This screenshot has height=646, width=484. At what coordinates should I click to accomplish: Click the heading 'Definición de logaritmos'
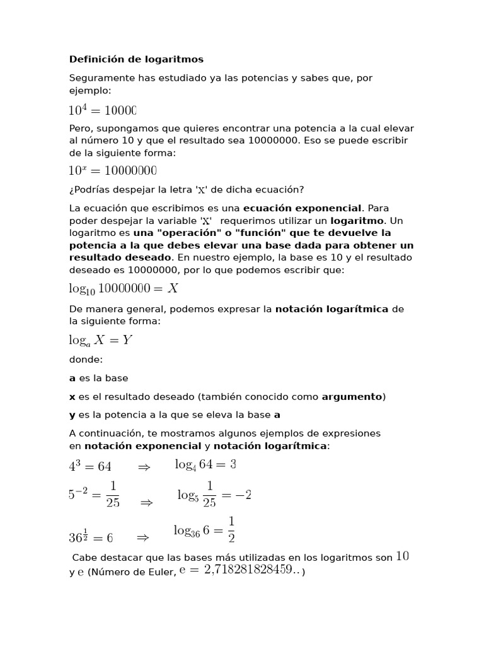coord(136,59)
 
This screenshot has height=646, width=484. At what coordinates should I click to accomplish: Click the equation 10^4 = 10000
coord(102,110)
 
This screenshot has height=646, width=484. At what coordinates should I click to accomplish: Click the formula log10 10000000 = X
coord(124,288)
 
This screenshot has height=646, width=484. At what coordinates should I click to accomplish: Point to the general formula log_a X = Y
coord(101,341)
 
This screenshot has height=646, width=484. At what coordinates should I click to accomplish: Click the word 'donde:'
coord(86,360)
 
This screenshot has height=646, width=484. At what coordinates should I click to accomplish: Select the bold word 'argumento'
coord(352,397)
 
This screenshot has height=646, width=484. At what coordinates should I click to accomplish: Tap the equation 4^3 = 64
coord(90,467)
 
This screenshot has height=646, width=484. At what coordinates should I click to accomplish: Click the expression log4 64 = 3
coord(205,465)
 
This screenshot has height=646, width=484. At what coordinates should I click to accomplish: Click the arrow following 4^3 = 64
coord(144,467)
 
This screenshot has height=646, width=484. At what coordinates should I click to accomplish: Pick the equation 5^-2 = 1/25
coord(95,495)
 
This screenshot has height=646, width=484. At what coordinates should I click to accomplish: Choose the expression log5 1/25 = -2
coord(214,495)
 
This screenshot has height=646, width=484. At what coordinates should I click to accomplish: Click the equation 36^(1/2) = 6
coord(91,537)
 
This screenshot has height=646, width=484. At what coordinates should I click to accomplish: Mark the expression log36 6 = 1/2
coord(205,530)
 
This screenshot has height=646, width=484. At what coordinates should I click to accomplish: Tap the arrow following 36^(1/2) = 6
coord(142,537)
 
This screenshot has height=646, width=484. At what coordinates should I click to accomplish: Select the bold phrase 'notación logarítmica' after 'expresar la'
coord(333,309)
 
